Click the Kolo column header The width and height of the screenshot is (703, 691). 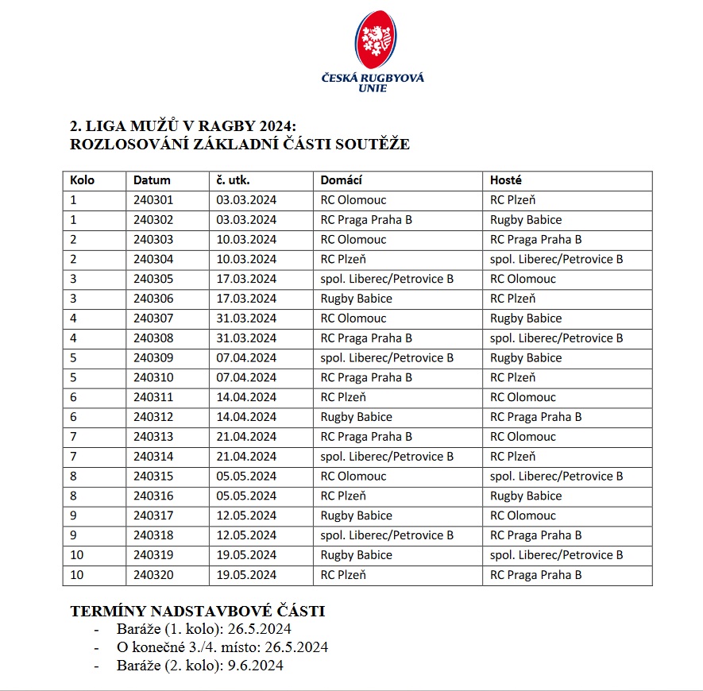click(x=83, y=180)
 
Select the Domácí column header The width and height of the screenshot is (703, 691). click(x=342, y=180)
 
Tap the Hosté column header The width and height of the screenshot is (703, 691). click(x=506, y=180)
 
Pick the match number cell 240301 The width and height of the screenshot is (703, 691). click(x=153, y=200)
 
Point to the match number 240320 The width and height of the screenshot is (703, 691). click(x=153, y=574)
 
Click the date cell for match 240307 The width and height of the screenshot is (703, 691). click(x=246, y=318)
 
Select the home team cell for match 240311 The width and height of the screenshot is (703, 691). click(x=343, y=397)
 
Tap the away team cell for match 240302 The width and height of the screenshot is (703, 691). click(x=526, y=220)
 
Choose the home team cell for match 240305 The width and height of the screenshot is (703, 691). click(x=387, y=279)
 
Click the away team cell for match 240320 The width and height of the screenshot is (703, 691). click(x=536, y=574)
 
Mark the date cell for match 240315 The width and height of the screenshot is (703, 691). click(x=246, y=476)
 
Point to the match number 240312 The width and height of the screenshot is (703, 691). click(x=153, y=417)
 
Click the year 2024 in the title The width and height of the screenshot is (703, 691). click(x=266, y=126)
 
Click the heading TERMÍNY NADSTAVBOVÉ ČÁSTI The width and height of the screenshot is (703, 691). click(x=198, y=612)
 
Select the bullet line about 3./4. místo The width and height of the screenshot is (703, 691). click(x=211, y=647)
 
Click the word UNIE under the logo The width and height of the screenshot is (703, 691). click(x=373, y=88)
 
